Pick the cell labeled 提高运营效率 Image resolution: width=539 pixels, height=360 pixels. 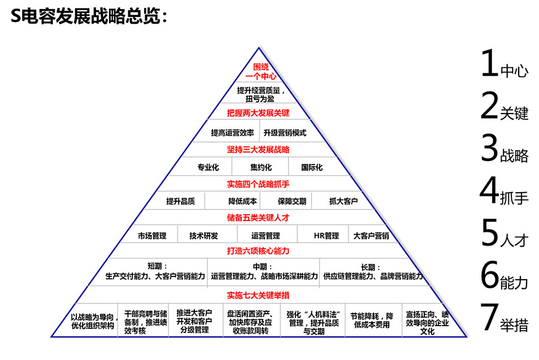coord(232,133)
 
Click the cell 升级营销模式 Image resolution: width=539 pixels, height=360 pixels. coord(285,133)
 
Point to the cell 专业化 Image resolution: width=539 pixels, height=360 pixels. coord(207,167)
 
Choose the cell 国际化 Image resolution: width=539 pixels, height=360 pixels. coord(312,167)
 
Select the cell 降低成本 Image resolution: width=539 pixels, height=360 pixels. coord(242,201)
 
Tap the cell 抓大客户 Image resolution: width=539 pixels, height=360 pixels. coord(344,201)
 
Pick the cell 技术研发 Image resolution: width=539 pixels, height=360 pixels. coord(203,236)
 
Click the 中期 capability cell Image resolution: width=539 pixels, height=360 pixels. coord(264,272)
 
